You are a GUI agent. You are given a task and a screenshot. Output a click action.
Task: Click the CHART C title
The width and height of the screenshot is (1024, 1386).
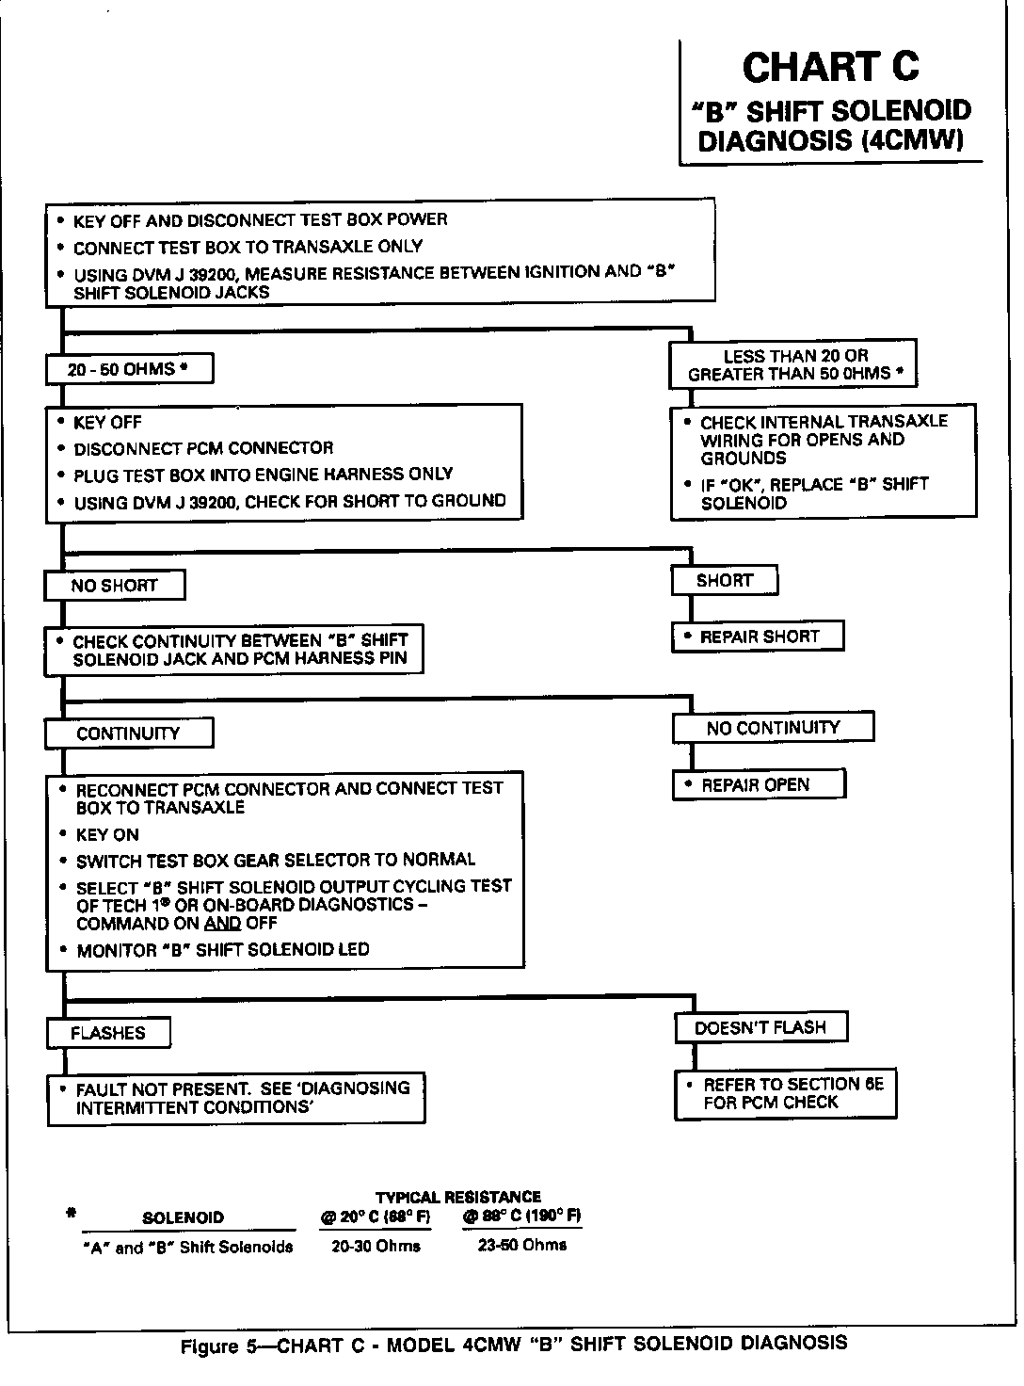point(829,68)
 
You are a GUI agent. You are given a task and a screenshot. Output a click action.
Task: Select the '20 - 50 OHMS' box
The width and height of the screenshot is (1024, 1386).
point(129,369)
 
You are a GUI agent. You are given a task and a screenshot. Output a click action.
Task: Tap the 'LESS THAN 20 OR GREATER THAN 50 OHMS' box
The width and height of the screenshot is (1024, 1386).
point(792,364)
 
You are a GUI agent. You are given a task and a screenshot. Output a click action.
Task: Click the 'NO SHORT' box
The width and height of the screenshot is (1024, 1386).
point(114,586)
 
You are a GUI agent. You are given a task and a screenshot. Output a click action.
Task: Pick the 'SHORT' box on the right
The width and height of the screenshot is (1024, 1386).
point(724,581)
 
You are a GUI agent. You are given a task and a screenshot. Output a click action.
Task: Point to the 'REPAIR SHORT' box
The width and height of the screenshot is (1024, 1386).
point(758,637)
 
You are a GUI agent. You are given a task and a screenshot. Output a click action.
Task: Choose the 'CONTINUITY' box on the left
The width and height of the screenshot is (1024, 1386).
point(128,733)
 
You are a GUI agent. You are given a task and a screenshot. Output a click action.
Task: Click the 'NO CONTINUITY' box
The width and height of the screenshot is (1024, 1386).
point(773,728)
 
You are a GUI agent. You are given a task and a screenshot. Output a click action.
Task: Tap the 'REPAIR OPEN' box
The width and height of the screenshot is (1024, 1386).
point(758,784)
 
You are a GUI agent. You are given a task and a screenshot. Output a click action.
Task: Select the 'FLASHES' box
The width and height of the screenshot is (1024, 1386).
point(108,1033)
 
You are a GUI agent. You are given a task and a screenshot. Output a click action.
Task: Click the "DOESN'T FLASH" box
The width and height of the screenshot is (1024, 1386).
point(760,1027)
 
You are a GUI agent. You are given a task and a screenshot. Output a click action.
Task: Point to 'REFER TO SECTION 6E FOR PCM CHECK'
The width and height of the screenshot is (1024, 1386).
point(785,1093)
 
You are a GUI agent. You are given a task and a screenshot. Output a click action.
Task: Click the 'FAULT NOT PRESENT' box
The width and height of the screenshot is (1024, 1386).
point(235,1098)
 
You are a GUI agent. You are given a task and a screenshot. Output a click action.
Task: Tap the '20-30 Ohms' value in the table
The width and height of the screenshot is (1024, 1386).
point(376,1246)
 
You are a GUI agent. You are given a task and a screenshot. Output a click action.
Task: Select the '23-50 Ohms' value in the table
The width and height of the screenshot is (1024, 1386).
point(522,1245)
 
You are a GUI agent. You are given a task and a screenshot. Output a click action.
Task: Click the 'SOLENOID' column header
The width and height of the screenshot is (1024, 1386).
point(183,1217)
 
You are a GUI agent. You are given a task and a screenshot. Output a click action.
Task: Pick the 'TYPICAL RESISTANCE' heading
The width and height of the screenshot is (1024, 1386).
point(458,1197)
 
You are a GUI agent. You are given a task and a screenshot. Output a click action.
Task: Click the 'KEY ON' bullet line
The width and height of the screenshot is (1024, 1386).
point(106,834)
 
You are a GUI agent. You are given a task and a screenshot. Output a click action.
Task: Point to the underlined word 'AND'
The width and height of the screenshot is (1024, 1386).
point(222,923)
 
